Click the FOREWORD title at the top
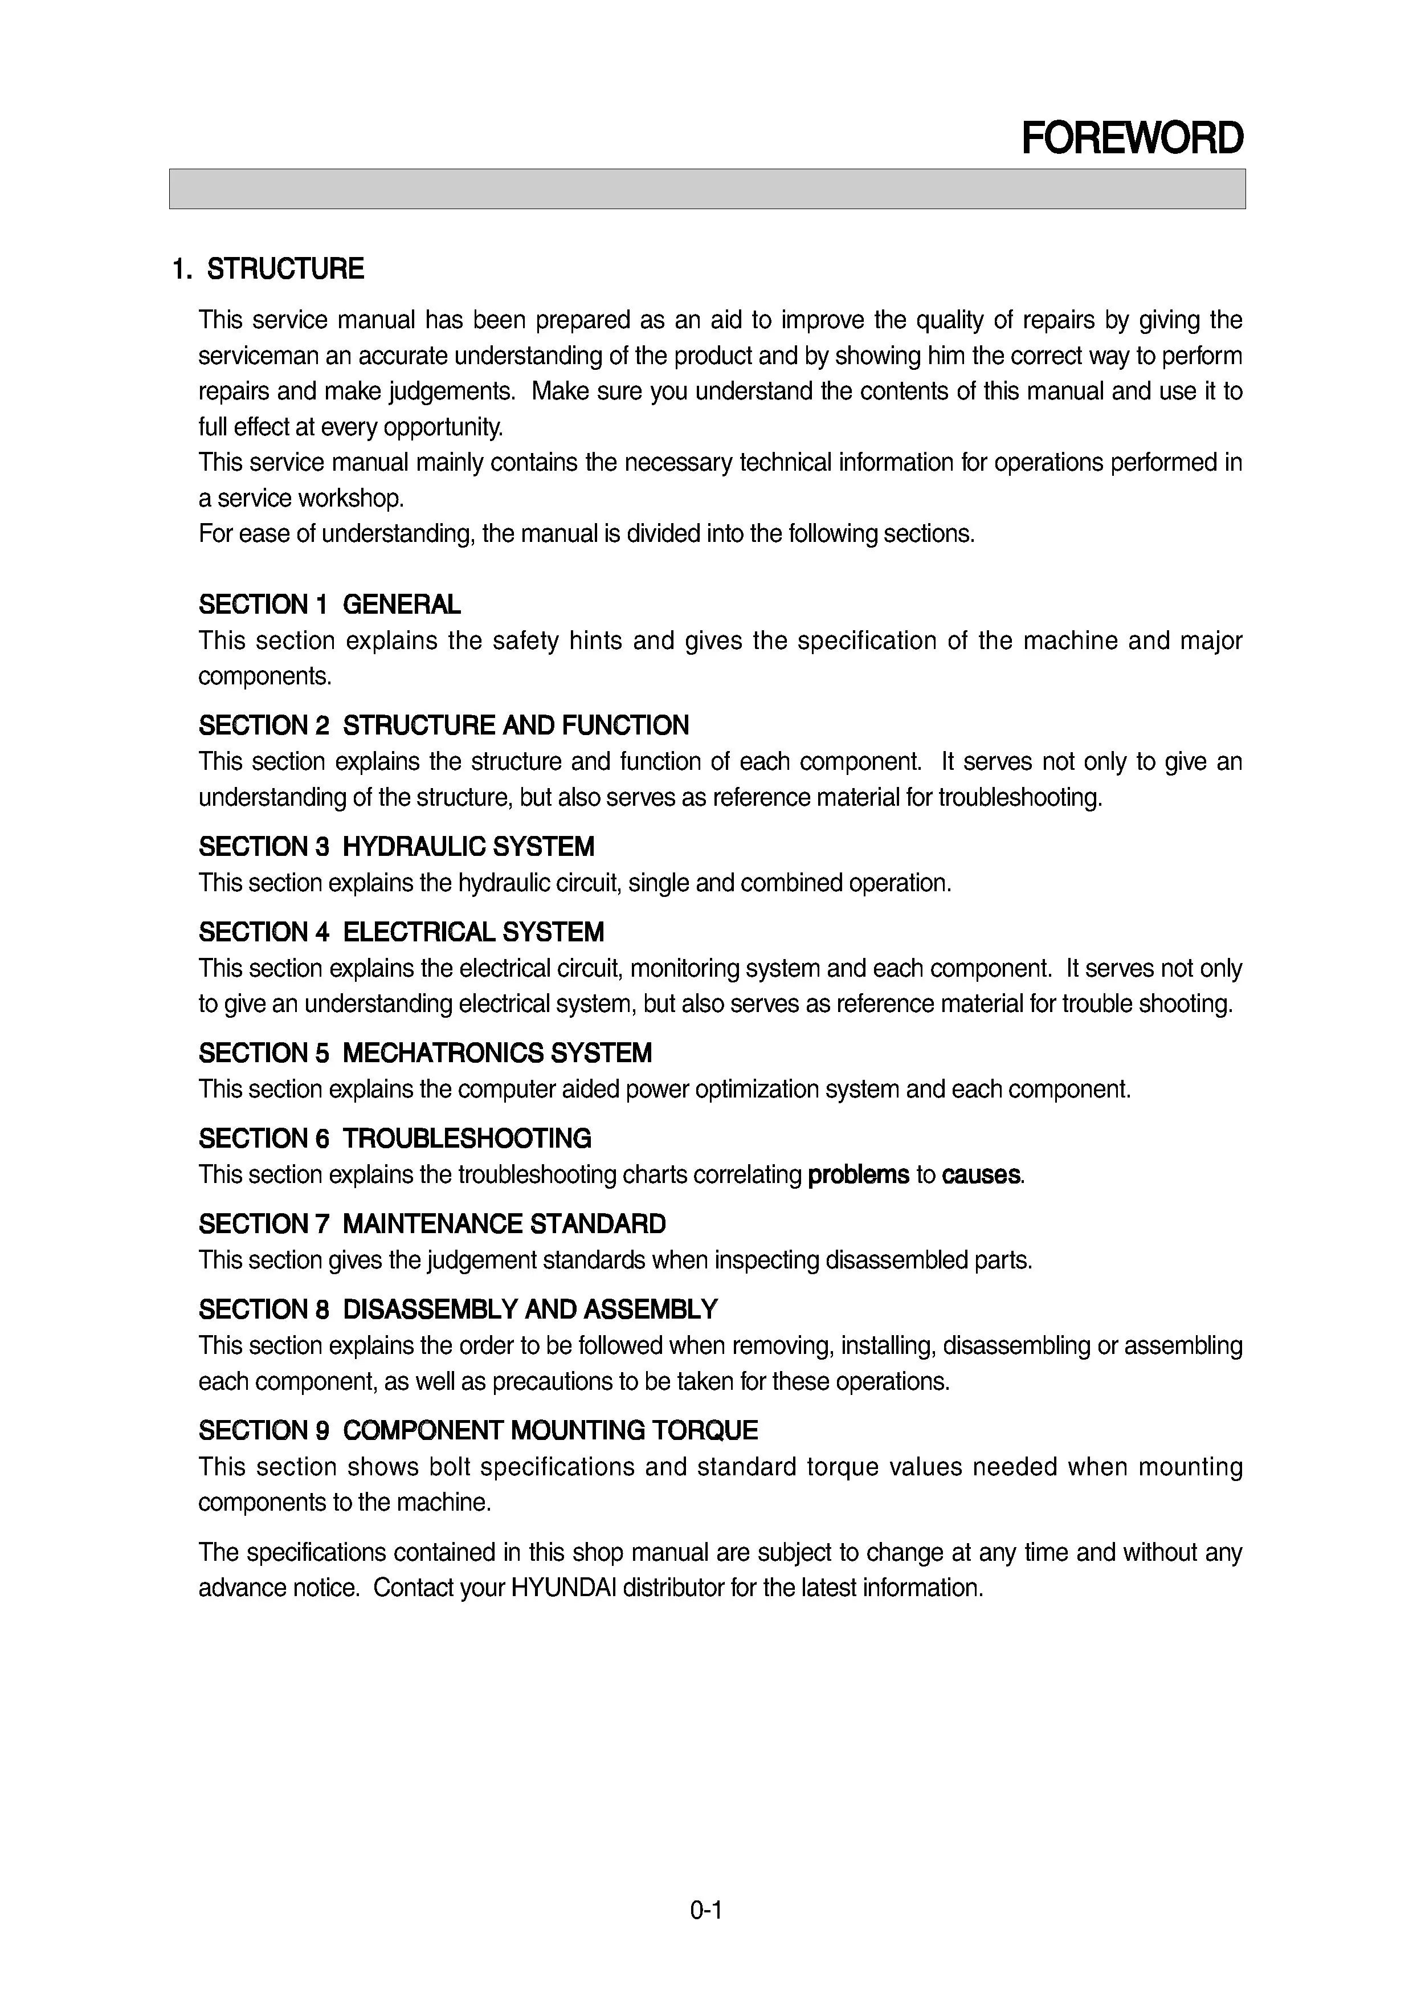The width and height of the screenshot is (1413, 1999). pos(1132,138)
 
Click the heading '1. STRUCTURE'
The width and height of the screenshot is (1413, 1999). pos(268,269)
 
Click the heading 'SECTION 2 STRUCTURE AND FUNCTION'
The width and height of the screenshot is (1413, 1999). pos(443,725)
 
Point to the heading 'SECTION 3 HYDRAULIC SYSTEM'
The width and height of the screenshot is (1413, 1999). pos(396,846)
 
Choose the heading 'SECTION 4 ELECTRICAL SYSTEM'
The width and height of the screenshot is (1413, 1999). pos(401,932)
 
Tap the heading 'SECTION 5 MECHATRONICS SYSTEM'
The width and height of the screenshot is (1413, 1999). pos(425,1054)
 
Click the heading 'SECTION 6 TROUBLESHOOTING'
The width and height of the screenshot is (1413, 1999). pos(394,1139)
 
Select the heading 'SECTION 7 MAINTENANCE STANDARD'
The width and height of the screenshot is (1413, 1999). pos(432,1224)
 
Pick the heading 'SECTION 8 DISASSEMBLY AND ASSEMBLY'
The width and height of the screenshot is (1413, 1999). pos(458,1309)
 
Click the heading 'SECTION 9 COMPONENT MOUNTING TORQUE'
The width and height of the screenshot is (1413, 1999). pos(478,1430)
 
